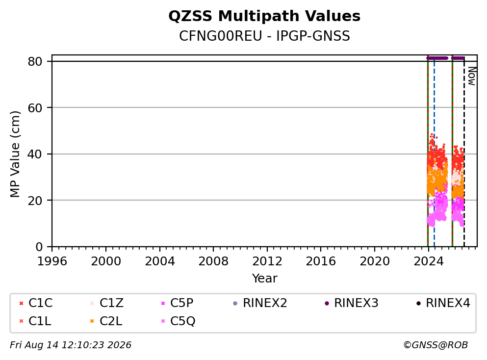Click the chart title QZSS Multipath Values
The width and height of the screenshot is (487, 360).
tap(264, 16)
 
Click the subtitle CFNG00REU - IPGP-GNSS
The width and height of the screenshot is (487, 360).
tap(264, 36)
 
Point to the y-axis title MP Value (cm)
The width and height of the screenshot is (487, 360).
tap(15, 154)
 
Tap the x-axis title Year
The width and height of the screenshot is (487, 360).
tap(264, 278)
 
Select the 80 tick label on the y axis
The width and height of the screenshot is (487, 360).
tap(35, 61)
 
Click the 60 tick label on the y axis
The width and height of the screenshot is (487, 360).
tap(35, 108)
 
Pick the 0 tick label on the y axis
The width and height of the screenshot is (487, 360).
tap(39, 247)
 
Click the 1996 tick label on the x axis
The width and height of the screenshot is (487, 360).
tap(52, 261)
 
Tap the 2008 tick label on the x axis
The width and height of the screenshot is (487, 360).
tap(213, 261)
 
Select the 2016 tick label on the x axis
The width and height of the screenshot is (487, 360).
tap(321, 261)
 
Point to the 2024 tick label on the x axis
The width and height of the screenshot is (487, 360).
tap(428, 261)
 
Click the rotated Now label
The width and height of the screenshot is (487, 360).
tap(472, 76)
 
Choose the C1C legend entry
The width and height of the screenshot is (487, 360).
tap(36, 303)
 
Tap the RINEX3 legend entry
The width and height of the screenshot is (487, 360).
tap(352, 303)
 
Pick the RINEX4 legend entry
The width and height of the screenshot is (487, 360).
tap(443, 303)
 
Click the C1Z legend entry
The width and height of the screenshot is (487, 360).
tap(106, 303)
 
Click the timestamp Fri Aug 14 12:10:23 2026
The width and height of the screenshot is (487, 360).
tap(71, 345)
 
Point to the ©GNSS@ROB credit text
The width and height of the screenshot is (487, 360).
tap(436, 345)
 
